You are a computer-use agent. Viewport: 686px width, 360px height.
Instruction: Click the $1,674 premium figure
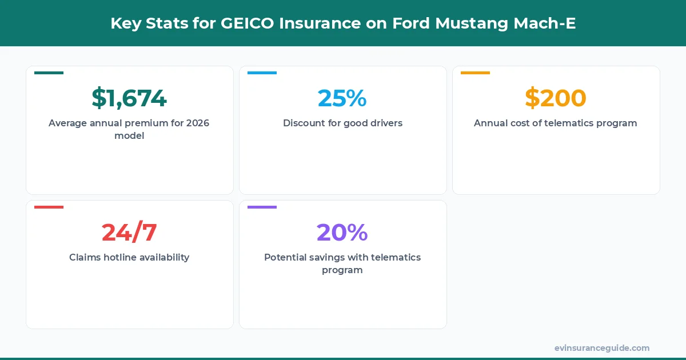[129, 98]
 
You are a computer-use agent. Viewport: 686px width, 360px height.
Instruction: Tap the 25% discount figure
[342, 98]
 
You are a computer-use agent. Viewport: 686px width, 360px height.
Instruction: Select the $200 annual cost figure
[556, 98]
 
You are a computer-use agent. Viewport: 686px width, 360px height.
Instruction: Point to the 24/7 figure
[129, 233]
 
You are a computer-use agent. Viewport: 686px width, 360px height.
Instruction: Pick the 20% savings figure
[342, 233]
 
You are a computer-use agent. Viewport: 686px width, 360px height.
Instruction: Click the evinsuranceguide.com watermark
[602, 348]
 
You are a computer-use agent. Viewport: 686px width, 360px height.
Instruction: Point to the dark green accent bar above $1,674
[49, 73]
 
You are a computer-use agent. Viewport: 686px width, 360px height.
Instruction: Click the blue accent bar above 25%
[262, 73]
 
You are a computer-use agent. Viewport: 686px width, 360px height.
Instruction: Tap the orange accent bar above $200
[475, 73]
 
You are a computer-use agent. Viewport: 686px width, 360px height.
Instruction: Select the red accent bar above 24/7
[49, 207]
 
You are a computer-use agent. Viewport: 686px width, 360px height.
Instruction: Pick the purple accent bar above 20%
[262, 207]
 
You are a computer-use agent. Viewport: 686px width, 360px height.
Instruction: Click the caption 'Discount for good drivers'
[342, 123]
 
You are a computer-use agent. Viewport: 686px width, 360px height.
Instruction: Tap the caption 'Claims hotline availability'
[129, 257]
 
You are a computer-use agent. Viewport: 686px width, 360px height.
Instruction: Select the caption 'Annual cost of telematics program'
[556, 123]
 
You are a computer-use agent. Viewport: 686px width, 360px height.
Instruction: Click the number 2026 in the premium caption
[198, 123]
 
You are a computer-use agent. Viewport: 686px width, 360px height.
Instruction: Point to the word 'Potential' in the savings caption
[286, 257]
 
